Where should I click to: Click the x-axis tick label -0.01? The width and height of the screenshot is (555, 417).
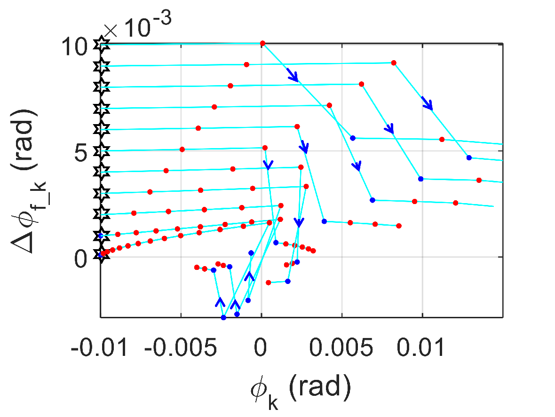click(99, 348)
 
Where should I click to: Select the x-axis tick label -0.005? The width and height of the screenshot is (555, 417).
click(181, 348)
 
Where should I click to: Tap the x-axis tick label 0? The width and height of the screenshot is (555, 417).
click(261, 348)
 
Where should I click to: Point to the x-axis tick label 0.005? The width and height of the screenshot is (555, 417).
click(341, 348)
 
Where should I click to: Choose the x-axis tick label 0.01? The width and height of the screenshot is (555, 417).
click(421, 348)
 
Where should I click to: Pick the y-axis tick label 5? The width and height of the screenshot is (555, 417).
click(81, 153)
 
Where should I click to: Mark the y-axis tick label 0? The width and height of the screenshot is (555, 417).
click(81, 259)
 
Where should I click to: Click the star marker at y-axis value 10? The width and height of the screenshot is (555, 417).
click(102, 45)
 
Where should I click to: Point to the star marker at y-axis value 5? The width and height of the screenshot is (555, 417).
click(102, 150)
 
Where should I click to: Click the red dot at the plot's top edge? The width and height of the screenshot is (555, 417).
click(262, 43)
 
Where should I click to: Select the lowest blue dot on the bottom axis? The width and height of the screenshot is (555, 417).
click(223, 318)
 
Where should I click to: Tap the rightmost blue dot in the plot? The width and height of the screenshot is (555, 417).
click(469, 157)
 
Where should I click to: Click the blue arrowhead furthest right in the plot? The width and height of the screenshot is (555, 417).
click(428, 103)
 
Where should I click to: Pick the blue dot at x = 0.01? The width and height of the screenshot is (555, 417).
click(420, 179)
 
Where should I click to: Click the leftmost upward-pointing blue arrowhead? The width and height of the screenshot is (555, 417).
click(220, 301)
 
